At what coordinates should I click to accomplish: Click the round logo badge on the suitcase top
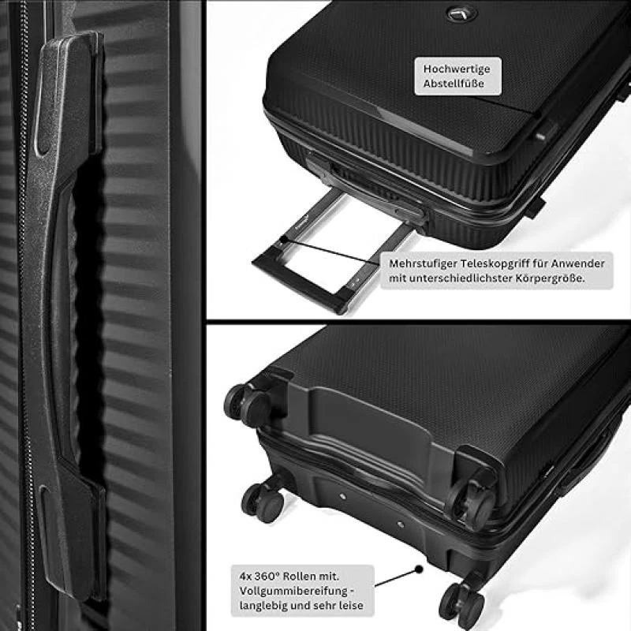pos(457,13)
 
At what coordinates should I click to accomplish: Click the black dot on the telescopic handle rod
pos(302,245)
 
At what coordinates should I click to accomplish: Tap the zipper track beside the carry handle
pos(24,315)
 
